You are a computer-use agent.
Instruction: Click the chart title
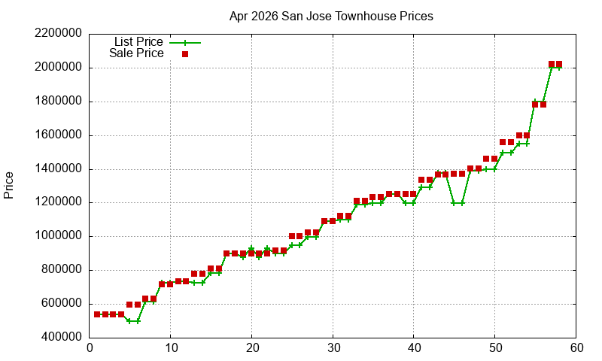tap(331, 16)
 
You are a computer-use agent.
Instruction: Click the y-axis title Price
tap(9, 185)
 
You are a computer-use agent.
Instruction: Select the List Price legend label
tap(138, 42)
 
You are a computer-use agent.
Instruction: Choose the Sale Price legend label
tap(136, 53)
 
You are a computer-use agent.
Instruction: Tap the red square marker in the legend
tap(185, 54)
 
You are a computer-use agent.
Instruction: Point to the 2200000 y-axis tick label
tap(59, 34)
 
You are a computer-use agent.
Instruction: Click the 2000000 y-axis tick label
tap(59, 68)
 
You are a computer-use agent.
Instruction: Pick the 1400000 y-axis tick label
tap(59, 169)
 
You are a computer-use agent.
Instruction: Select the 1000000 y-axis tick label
tap(59, 236)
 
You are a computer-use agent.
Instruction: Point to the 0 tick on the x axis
tap(90, 348)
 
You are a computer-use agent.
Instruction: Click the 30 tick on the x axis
tap(333, 348)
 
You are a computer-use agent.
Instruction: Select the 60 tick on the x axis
tap(576, 348)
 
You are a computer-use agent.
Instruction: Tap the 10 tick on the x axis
tap(170, 348)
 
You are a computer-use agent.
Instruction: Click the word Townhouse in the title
tap(361, 16)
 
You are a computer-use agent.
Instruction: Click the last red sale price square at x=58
tap(559, 65)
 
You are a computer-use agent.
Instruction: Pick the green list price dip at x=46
tap(462, 203)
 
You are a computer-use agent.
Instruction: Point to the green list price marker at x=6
tap(138, 321)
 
